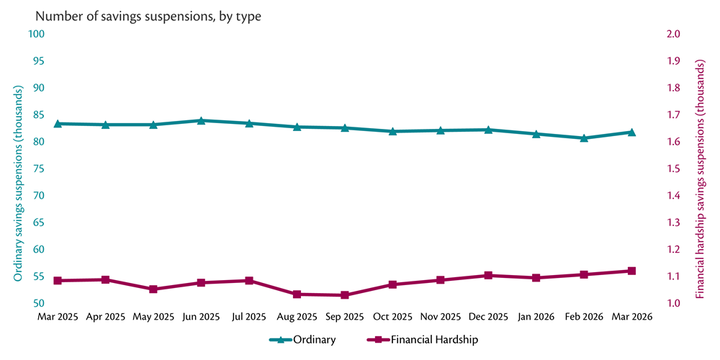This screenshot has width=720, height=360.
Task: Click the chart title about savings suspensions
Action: [148, 16]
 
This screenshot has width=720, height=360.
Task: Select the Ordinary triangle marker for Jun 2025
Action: [201, 121]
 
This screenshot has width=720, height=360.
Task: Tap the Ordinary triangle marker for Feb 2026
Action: [584, 138]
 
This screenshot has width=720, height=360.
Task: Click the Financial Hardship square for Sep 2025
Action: [345, 295]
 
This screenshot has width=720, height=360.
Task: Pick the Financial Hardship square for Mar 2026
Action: [631, 271]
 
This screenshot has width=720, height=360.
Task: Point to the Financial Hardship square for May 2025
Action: [153, 289]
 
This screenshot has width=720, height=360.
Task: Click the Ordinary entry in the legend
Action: [302, 339]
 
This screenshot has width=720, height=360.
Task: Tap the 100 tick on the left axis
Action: [37, 34]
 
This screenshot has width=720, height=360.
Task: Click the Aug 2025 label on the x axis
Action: [297, 317]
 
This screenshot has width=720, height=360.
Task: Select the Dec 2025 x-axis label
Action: [488, 317]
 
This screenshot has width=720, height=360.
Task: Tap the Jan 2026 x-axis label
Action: [536, 317]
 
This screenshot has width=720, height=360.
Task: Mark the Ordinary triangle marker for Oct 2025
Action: [392, 132]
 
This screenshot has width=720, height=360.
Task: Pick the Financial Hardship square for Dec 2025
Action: [488, 276]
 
